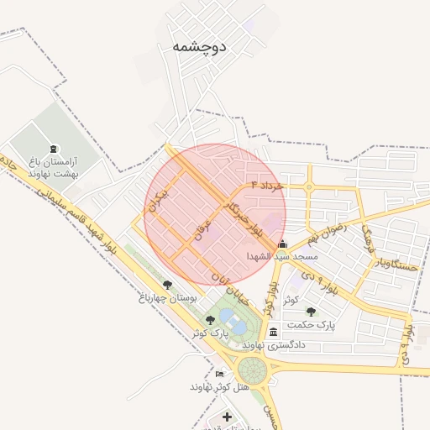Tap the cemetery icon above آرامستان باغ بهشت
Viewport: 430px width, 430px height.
(54, 149)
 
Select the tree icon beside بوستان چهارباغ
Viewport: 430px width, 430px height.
(167, 286)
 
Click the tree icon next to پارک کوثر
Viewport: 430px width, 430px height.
(209, 320)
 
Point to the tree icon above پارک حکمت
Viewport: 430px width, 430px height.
(311, 312)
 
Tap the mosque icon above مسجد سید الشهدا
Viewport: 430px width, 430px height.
(281, 244)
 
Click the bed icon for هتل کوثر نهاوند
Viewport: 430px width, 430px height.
(220, 374)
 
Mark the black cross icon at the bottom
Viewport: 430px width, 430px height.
(227, 417)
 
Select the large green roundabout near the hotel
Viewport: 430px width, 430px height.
(251, 369)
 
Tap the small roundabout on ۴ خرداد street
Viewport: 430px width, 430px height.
(309, 186)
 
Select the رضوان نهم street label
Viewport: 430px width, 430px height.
(325, 227)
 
